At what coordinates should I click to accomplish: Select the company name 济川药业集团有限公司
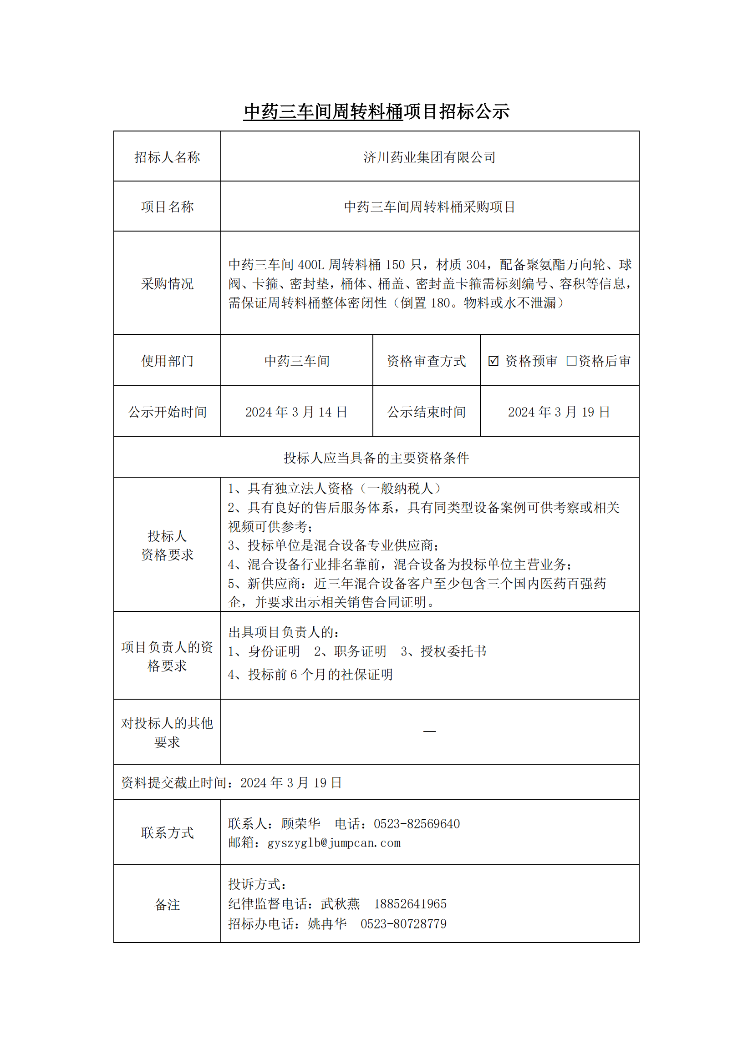click(x=429, y=157)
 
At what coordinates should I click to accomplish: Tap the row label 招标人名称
click(x=167, y=157)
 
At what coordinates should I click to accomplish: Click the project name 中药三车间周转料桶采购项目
click(x=429, y=207)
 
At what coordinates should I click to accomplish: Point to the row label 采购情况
click(x=167, y=283)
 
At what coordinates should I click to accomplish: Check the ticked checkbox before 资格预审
click(x=494, y=361)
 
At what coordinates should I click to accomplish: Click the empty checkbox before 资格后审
click(x=571, y=361)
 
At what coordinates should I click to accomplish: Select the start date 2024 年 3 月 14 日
click(x=296, y=412)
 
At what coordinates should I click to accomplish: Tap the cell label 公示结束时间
click(x=426, y=412)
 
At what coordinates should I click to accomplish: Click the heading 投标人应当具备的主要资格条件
click(x=376, y=458)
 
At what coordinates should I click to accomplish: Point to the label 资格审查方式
click(x=426, y=361)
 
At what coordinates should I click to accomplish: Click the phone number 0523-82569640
click(x=417, y=823)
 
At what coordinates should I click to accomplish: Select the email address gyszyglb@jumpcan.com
click(x=334, y=842)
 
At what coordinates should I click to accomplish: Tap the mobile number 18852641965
click(x=410, y=904)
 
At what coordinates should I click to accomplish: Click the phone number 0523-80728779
click(x=403, y=923)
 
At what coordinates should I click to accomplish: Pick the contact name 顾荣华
click(x=300, y=823)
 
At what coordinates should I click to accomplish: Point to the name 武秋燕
click(x=341, y=904)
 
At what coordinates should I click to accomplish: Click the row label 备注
click(x=167, y=904)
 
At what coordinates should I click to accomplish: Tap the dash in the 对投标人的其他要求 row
click(x=429, y=731)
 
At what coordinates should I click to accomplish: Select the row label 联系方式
click(x=167, y=833)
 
